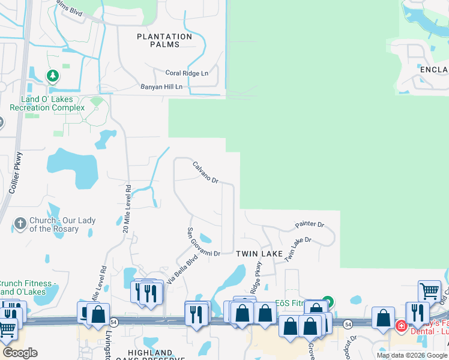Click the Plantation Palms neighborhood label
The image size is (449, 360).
[164, 41]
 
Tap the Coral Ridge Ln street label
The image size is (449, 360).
[187, 73]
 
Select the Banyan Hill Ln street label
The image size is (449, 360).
[161, 87]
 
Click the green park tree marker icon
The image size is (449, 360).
[53, 76]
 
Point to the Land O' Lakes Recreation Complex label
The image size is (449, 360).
[47, 103]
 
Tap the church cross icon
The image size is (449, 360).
[20, 224]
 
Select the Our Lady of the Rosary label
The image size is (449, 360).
[54, 225]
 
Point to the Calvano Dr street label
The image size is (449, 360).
[205, 172]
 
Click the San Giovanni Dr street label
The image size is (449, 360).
[202, 242]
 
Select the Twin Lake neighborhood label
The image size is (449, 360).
[259, 254]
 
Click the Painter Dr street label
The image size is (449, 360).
[309, 225]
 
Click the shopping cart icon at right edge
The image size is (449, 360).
[430, 291]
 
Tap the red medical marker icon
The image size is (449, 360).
[401, 326]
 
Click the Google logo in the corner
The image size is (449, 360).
[20, 352]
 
